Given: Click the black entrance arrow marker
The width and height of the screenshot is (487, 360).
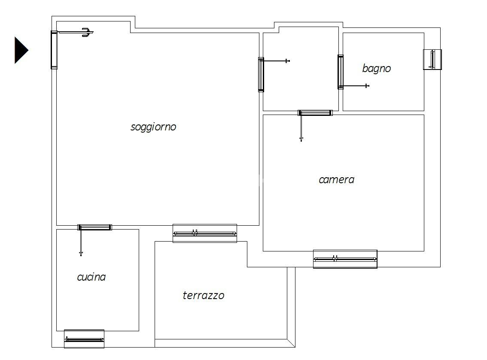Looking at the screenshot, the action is (x=21, y=50).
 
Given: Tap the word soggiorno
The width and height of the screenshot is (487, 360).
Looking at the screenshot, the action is (x=153, y=127).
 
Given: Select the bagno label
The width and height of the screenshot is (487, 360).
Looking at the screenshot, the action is (x=377, y=68).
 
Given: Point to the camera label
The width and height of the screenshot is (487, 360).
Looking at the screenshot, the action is (x=336, y=180).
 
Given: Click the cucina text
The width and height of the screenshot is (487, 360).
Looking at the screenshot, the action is (x=91, y=277).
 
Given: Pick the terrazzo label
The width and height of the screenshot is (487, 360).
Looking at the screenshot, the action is (x=204, y=295).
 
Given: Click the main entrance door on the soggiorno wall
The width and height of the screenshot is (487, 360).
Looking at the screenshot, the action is (x=54, y=50).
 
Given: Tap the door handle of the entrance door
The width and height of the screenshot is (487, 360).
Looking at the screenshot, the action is (x=87, y=32).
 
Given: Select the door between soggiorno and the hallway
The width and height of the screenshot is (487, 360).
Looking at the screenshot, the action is (x=261, y=75).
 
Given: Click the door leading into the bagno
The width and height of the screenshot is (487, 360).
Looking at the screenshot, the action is (x=341, y=72).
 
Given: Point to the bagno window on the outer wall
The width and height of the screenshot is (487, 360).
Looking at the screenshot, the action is (x=432, y=60).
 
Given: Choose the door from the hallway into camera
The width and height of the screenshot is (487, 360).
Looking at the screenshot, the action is (x=315, y=113).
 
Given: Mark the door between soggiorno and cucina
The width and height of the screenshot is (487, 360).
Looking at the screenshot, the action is (x=95, y=227).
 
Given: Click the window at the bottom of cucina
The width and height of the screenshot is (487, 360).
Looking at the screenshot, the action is (x=84, y=339).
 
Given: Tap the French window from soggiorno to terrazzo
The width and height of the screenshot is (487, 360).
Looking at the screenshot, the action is (x=205, y=233).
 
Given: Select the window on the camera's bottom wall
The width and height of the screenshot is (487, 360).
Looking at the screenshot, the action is (x=345, y=259).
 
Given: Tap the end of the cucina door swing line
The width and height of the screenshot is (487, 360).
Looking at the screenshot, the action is (x=81, y=255).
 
